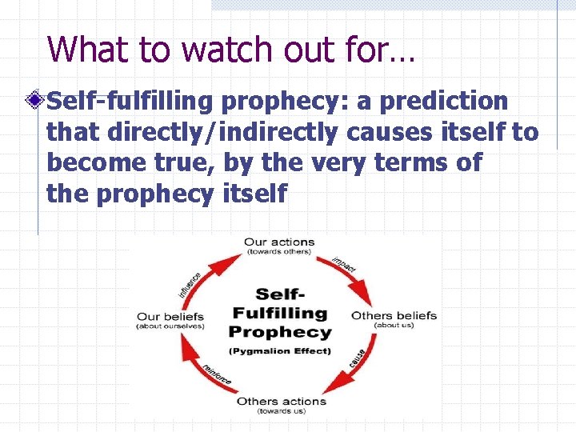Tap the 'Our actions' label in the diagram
(x=279, y=242)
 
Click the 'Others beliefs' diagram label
(x=394, y=315)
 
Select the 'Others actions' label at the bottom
(x=281, y=401)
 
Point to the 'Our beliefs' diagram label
(x=170, y=316)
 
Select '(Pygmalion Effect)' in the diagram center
(x=279, y=351)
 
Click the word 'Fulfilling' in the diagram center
(x=279, y=313)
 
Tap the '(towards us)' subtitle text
(x=281, y=411)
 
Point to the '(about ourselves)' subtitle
(x=170, y=326)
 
